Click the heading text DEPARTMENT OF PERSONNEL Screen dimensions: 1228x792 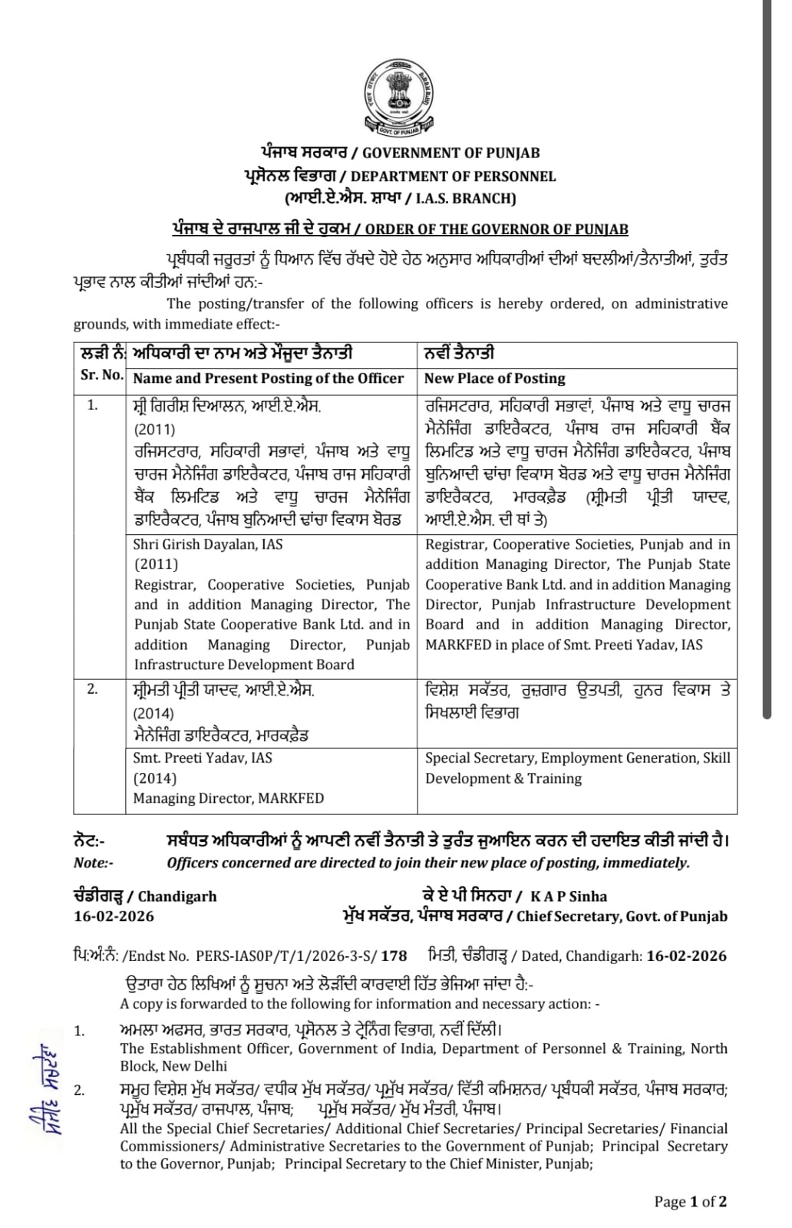point(453,176)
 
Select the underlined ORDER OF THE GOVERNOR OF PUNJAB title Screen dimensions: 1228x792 point(497,229)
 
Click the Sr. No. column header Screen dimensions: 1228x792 point(101,375)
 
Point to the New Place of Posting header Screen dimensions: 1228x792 point(494,378)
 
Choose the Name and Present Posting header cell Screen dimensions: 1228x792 point(268,378)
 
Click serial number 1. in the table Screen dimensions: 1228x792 point(93,405)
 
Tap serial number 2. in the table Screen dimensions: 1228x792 point(93,688)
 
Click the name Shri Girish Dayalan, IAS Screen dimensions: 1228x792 point(208,544)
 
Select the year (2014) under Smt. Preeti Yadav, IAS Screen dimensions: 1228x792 point(154,778)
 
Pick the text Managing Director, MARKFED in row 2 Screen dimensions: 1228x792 point(228,798)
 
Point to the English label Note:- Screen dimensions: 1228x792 point(94,863)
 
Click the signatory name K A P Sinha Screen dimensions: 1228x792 point(568,896)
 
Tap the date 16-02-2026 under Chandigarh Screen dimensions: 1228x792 point(114,916)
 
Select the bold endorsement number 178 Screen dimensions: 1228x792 point(394,956)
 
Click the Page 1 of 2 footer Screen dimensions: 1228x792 point(690,1202)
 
